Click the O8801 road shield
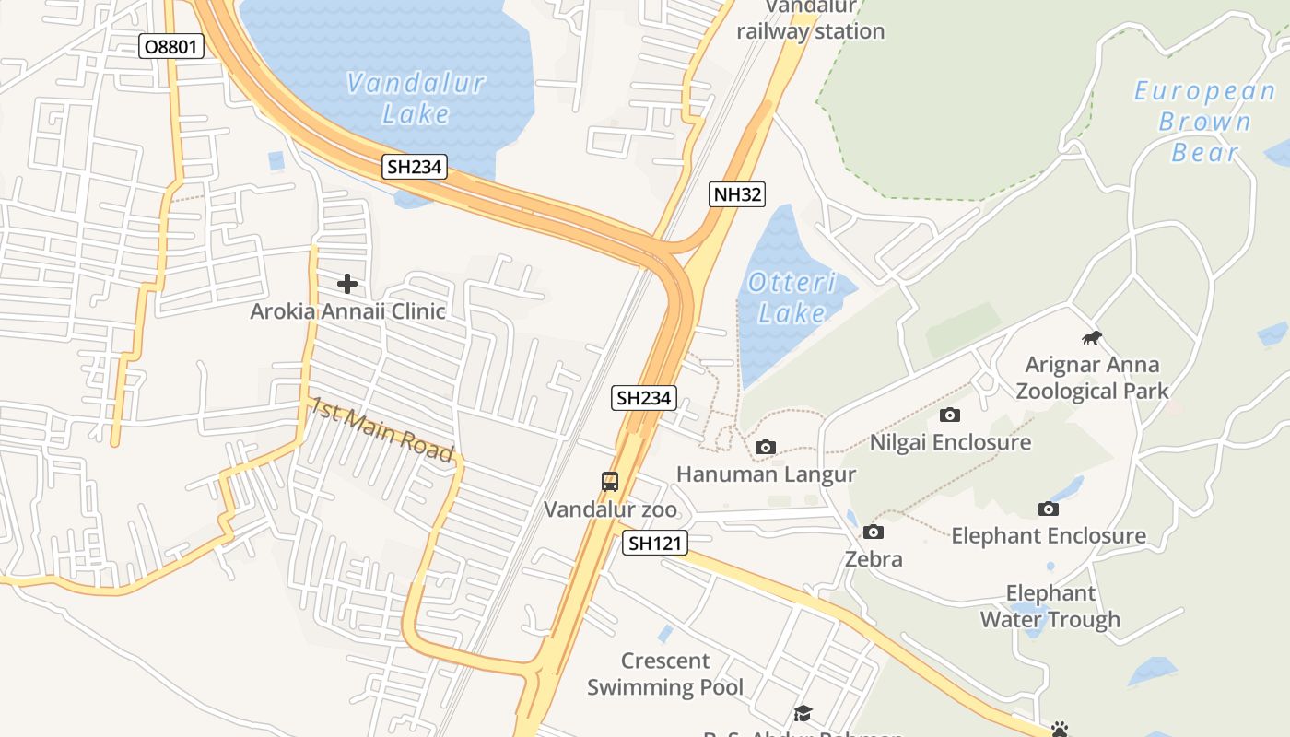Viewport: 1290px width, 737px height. point(171,45)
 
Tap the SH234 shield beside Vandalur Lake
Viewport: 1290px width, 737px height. point(415,167)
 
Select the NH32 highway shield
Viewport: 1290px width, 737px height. point(737,193)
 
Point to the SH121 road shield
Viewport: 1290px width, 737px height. point(655,543)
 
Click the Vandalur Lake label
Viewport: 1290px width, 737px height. point(416,99)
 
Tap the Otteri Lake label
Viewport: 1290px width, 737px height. point(792,297)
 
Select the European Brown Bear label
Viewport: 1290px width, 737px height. point(1204,121)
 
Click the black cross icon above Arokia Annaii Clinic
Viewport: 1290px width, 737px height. point(347,284)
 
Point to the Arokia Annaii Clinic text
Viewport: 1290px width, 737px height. point(347,311)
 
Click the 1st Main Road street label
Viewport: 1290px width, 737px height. point(381,428)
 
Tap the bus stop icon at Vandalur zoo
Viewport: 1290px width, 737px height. point(610,481)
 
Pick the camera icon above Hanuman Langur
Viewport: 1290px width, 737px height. point(765,448)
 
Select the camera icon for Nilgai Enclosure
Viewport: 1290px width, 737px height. point(950,415)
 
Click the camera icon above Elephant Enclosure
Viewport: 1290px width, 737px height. point(1048,509)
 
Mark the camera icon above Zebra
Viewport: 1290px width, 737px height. point(874,532)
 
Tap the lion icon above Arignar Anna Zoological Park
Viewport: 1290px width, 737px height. point(1092,338)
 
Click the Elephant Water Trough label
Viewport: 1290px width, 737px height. point(1050,606)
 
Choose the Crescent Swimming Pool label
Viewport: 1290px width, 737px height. point(665,673)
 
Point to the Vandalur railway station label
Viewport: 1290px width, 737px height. point(811,24)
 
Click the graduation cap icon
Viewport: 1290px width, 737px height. point(803,713)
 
